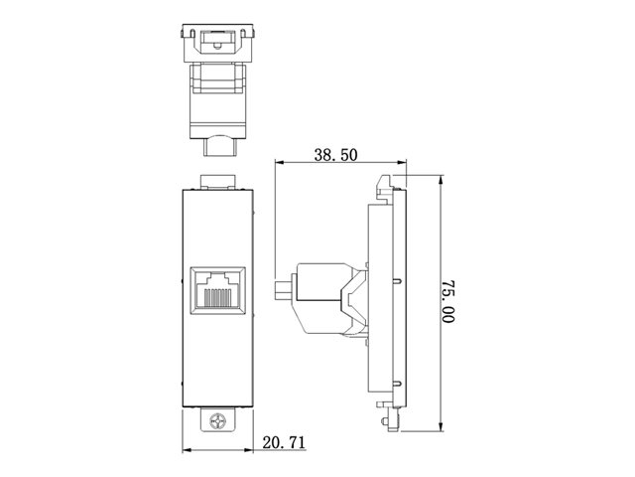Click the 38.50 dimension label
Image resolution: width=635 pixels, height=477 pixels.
point(335,155)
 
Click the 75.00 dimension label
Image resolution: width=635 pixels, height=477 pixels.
point(447,301)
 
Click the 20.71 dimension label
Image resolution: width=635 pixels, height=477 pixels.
point(284,442)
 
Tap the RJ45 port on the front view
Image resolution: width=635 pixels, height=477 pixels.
point(218,290)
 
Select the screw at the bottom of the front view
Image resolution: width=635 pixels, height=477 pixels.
point(218,421)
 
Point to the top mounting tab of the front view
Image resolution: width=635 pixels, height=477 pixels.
point(218,182)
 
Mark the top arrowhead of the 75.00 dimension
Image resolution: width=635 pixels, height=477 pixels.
point(441,180)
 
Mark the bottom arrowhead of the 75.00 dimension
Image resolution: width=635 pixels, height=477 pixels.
point(441,427)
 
